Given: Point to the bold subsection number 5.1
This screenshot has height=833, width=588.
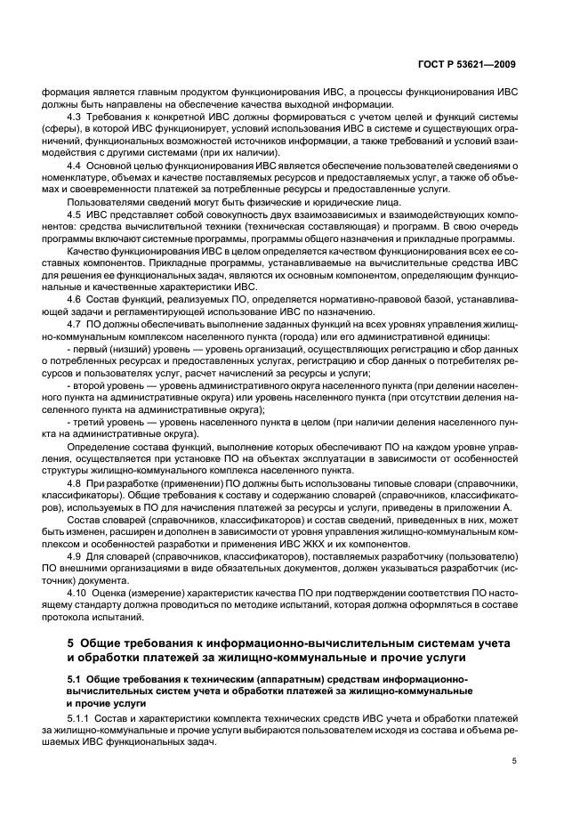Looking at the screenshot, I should [75, 678].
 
